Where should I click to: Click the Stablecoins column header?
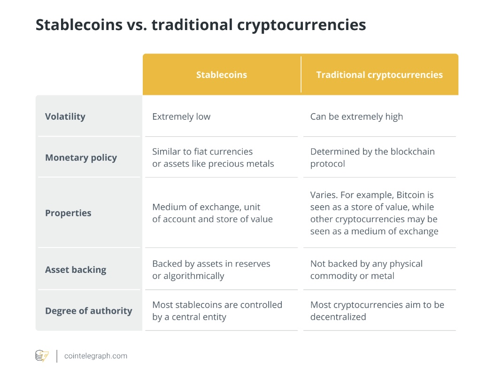click(x=221, y=75)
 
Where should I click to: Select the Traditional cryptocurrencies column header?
click(x=379, y=75)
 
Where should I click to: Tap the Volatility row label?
click(x=65, y=116)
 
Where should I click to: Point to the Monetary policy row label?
click(x=81, y=157)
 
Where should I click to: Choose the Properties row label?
click(x=68, y=213)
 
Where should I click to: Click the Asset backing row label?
click(x=76, y=270)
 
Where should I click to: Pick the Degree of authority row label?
click(x=88, y=310)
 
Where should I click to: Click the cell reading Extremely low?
click(x=181, y=116)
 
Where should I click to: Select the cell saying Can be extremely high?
click(x=356, y=116)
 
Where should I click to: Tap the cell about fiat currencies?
click(x=213, y=158)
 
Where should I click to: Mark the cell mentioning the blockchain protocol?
click(x=372, y=158)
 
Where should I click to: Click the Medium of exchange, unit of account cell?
click(x=212, y=213)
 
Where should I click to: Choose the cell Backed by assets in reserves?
click(x=211, y=270)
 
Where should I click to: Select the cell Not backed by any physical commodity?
click(x=366, y=270)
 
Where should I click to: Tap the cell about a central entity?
click(x=217, y=311)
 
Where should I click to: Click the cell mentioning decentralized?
click(x=377, y=311)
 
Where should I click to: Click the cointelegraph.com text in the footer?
click(x=95, y=356)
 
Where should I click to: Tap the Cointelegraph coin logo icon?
click(x=42, y=356)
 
